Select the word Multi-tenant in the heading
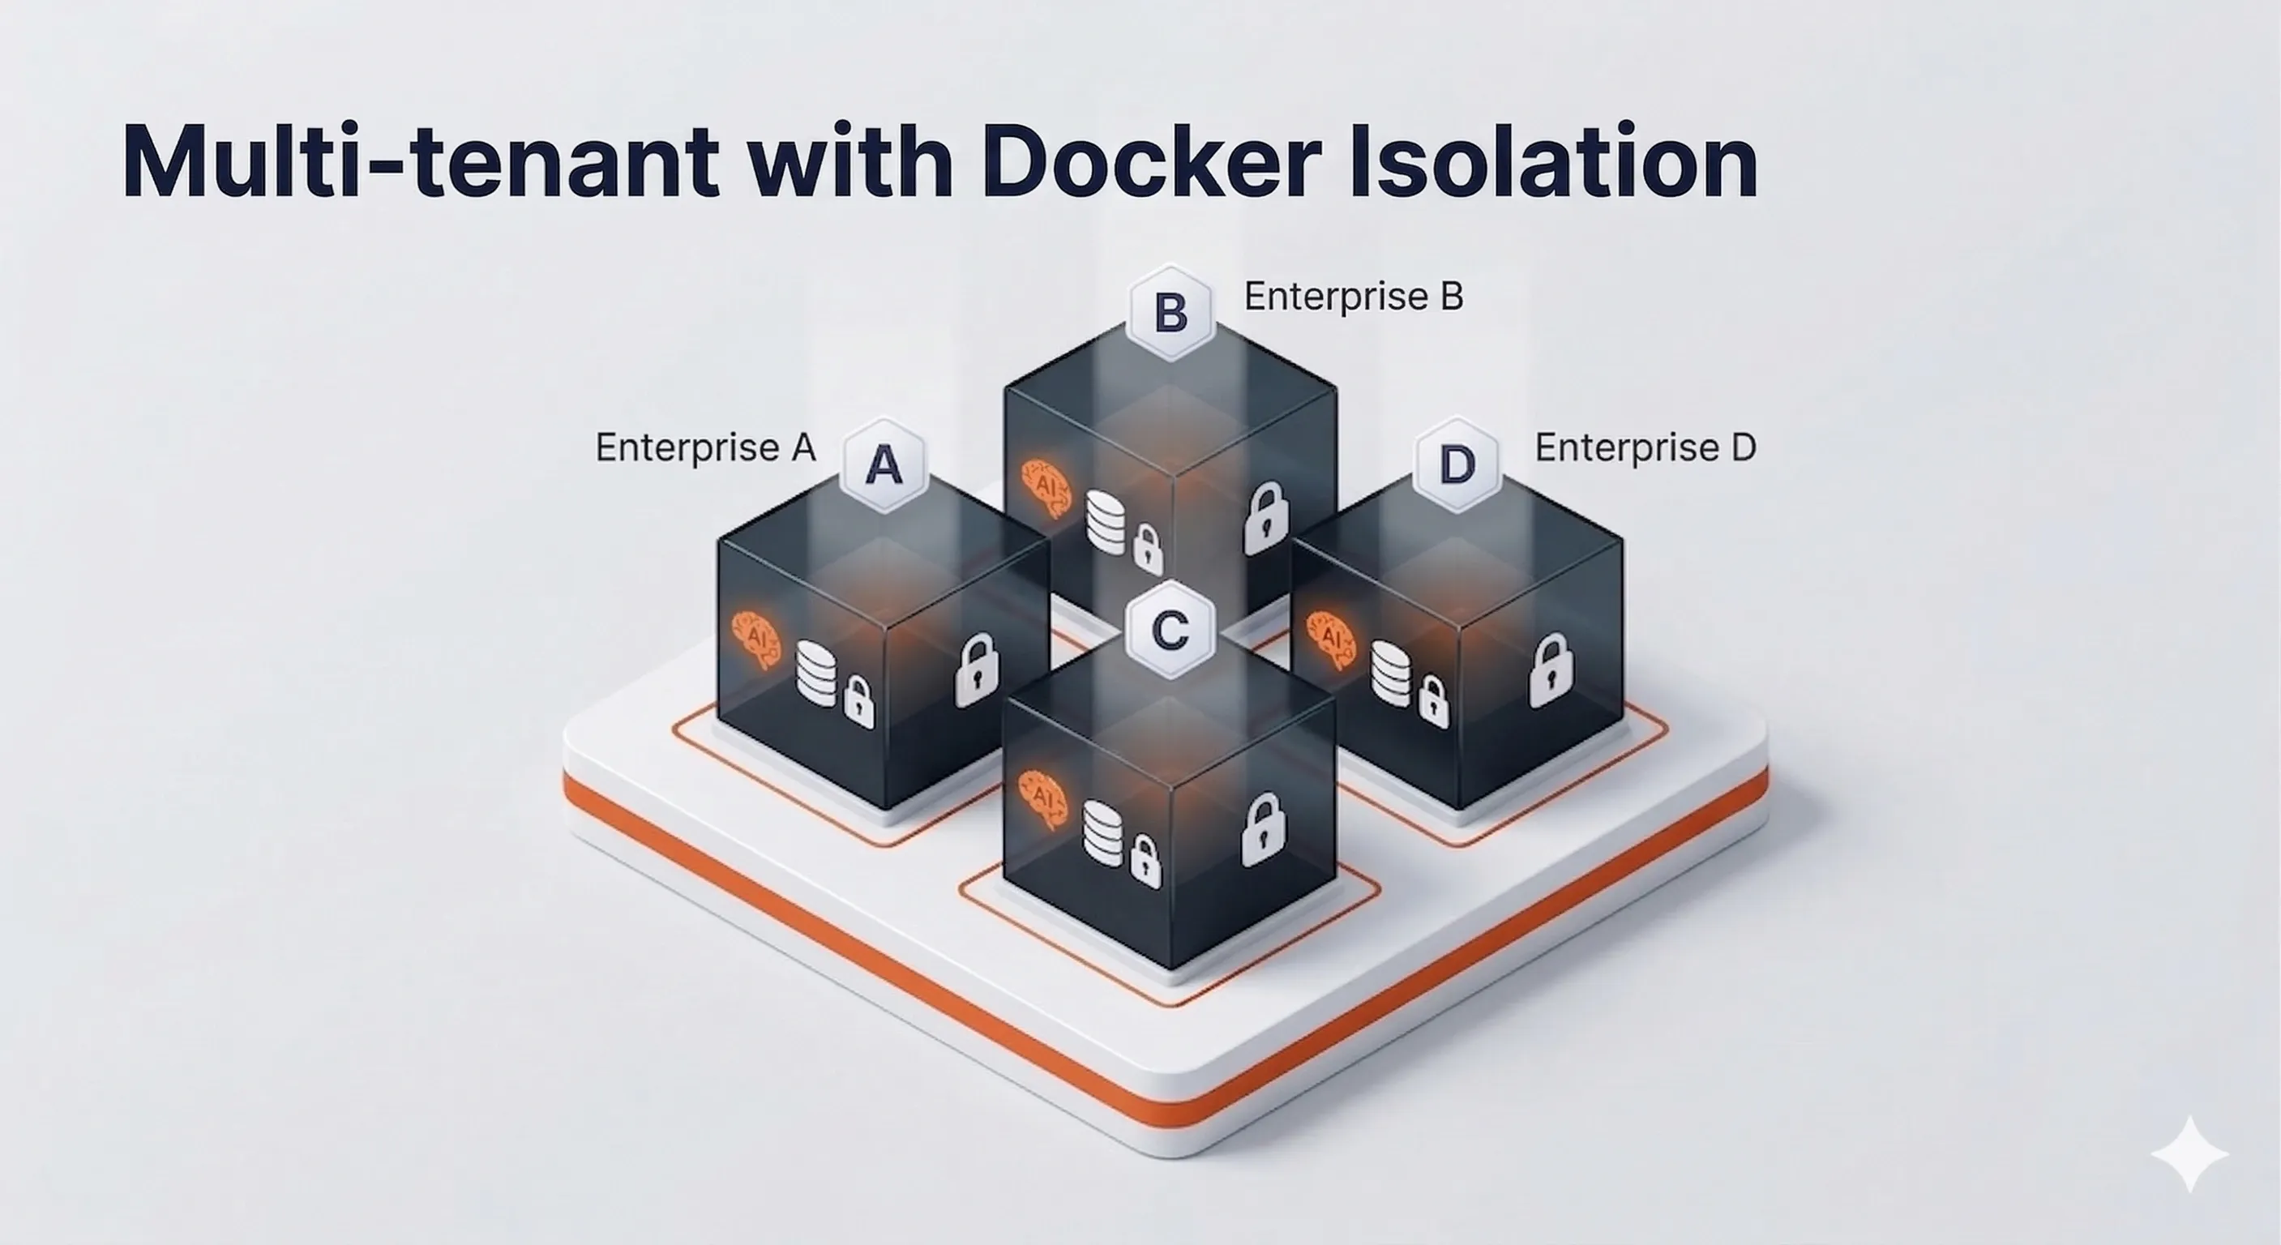[420, 161]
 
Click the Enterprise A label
[705, 447]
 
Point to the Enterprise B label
[1353, 297]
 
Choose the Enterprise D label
[1645, 447]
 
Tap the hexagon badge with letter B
[1170, 313]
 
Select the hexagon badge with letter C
[1170, 630]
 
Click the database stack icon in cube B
[1106, 520]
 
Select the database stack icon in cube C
[1103, 832]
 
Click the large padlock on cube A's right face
[977, 670]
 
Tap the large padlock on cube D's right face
[1551, 670]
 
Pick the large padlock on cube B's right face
[1266, 519]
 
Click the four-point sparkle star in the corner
[2189, 1153]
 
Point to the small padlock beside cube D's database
[1435, 701]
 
